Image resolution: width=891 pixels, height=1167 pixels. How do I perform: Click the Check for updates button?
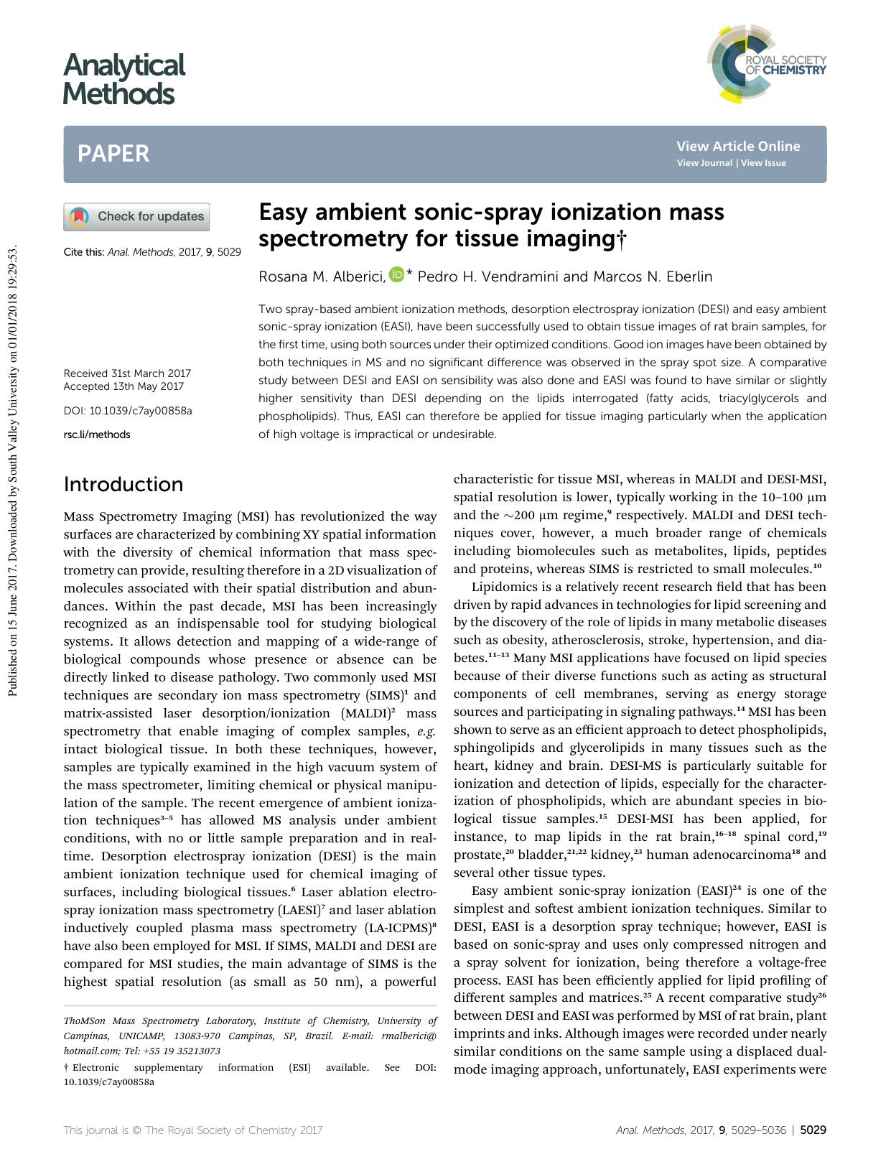tap(136, 217)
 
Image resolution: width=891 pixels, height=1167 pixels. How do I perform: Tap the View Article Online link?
tap(737, 147)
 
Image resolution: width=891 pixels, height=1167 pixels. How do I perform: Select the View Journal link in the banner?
tap(704, 163)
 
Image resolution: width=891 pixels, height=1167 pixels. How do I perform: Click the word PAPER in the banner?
tap(113, 154)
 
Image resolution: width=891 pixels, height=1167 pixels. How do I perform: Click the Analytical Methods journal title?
tap(123, 79)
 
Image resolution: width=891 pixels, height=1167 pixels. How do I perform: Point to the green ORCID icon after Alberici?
tap(396, 274)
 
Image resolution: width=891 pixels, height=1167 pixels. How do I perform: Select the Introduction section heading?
tap(123, 484)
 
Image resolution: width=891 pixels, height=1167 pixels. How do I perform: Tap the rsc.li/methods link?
tap(97, 434)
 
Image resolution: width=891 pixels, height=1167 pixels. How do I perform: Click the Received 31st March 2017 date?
tap(127, 373)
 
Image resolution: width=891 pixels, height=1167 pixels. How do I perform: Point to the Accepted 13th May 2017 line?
tap(123, 386)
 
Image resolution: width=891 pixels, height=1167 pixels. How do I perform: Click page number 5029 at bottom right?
tap(813, 1130)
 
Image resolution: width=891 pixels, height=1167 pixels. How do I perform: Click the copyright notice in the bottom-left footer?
tap(193, 1130)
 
